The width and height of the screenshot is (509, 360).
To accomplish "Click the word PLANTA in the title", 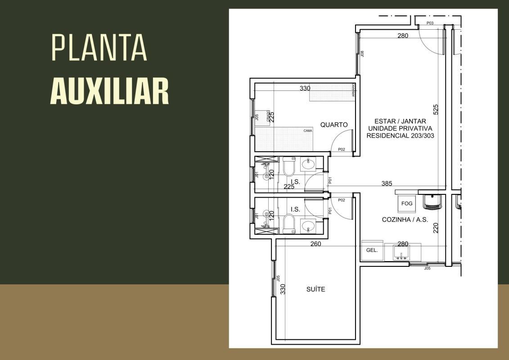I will point(99,47).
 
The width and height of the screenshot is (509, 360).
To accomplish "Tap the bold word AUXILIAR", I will point(109,91).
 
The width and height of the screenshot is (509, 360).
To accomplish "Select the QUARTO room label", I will point(334,125).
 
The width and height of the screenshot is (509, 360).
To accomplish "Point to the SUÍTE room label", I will point(315,289).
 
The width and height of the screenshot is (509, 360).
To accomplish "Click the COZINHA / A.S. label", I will point(405,220).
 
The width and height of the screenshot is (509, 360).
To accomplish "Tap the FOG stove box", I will point(407,203).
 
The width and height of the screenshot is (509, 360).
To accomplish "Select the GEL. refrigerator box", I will point(372,250).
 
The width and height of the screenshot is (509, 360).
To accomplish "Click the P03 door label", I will point(430,23).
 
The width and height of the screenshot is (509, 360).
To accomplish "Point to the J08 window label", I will point(363,54).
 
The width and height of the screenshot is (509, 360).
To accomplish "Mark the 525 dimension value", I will point(435,109).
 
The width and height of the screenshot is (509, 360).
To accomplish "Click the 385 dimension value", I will point(387,184).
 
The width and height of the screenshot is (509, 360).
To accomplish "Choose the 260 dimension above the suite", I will point(316,244).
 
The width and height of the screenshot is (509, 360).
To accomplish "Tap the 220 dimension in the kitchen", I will point(435,228).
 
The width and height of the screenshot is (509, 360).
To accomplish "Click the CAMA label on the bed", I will point(308,131).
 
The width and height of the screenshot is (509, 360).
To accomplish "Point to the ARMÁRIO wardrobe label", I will point(354,91).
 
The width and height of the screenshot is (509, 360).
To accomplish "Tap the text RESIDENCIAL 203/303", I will point(400,135).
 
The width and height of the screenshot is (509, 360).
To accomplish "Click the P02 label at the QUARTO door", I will point(342,149).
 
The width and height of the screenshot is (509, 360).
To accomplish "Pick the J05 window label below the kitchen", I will point(427,268).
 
